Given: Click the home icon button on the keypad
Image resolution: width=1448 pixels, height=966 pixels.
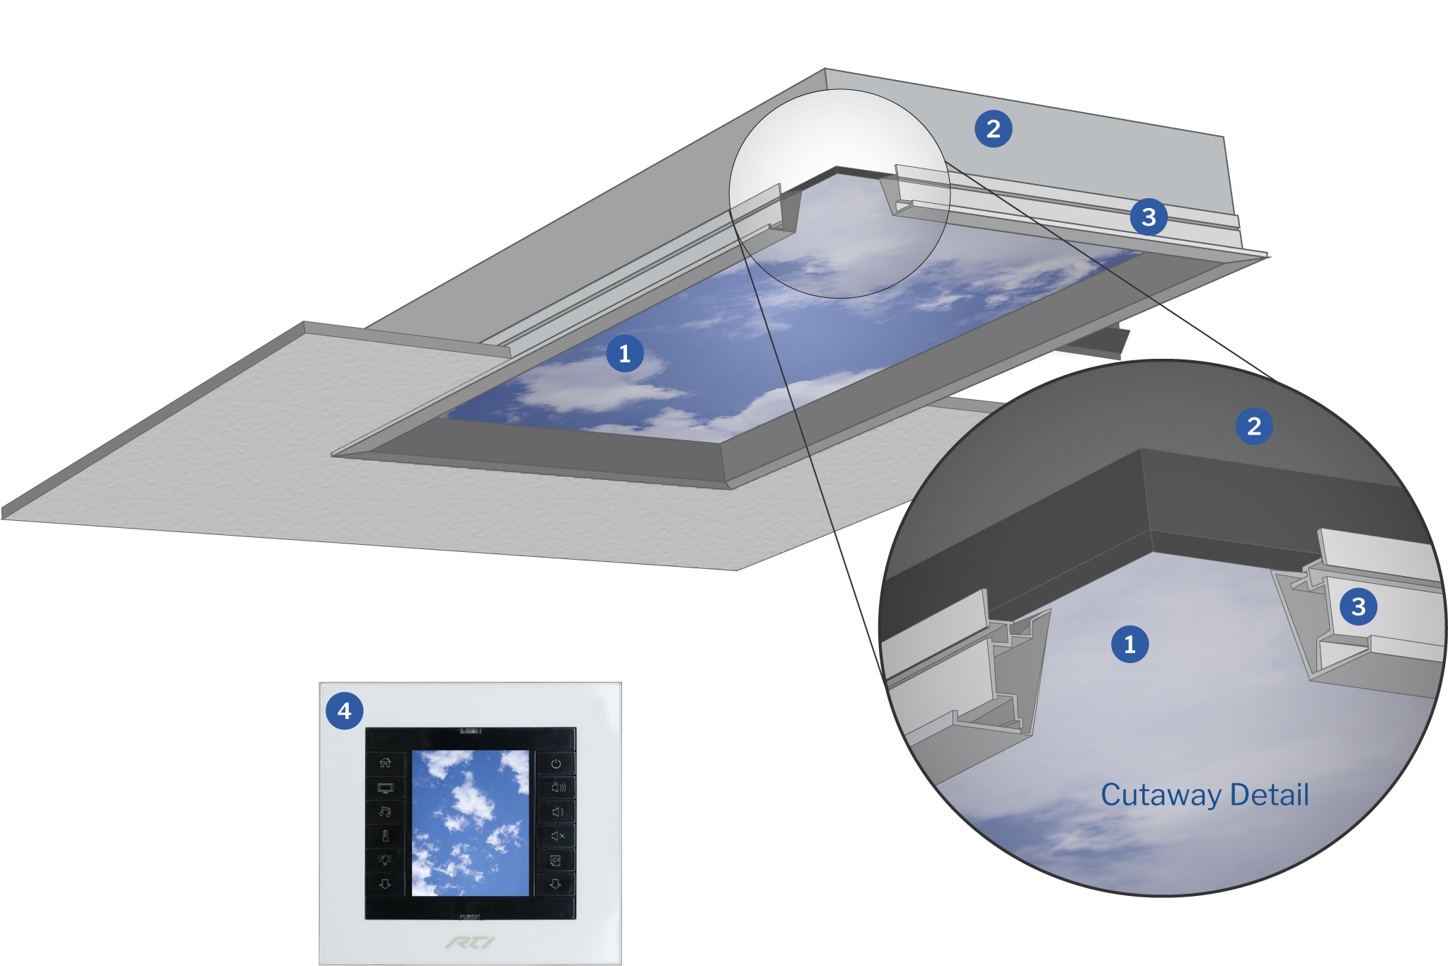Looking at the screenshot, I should pos(385,762).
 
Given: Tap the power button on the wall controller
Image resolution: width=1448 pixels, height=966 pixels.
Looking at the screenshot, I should pos(556,764).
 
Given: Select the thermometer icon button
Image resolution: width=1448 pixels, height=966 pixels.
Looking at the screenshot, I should pos(385,836).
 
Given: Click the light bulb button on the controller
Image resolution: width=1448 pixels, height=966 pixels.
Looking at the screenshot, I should pos(385,860).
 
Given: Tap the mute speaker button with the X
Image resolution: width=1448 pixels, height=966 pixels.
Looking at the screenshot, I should pos(557,836).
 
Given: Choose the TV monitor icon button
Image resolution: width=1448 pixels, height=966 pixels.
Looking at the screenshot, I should pos(385,787).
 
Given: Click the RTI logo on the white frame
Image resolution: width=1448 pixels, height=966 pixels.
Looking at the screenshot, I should pos(471,942).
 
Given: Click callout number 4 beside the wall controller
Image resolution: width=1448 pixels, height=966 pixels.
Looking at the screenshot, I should pos(344,711).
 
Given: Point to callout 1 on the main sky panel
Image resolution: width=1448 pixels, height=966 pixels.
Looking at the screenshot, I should pos(624,353).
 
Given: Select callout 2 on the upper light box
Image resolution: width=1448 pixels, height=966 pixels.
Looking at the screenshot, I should pos(993,129).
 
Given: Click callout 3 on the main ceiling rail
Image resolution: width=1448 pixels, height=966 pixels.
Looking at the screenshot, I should pos(1148,217).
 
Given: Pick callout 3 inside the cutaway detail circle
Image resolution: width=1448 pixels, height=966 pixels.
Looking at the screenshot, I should pos(1357,606).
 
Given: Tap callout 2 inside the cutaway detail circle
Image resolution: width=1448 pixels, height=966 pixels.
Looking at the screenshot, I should pos(1253,426).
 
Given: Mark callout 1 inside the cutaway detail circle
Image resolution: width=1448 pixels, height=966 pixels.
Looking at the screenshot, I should pos(1130,644).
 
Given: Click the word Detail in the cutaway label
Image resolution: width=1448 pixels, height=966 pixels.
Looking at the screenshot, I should pos(1270,795).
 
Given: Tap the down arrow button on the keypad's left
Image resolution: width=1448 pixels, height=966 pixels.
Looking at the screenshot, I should pos(385,884).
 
